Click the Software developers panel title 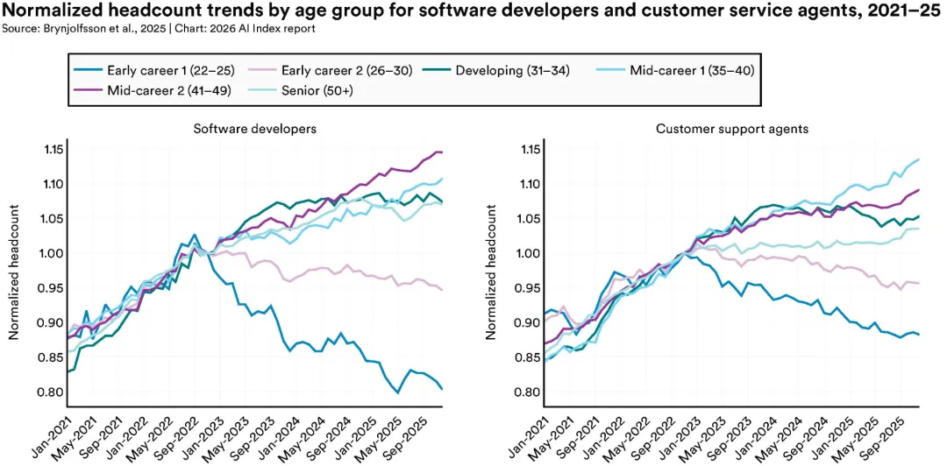pyautogui.click(x=255, y=130)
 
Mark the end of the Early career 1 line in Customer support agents pyautogui.click(x=918, y=334)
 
